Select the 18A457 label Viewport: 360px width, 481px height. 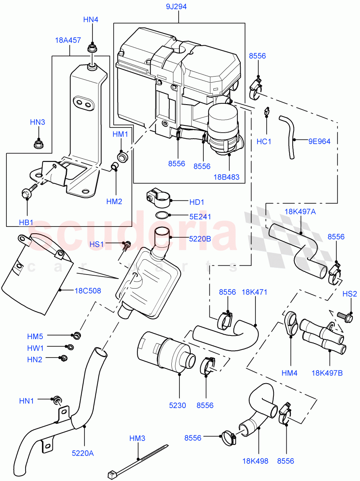(x=68, y=40)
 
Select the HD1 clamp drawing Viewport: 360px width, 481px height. (x=158, y=195)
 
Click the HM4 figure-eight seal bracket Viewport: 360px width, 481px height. (x=291, y=325)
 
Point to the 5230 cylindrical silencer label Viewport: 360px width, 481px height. (x=177, y=405)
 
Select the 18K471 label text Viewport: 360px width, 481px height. (x=254, y=292)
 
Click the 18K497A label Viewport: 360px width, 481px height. (x=300, y=212)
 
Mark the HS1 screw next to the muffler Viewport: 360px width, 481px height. (x=127, y=245)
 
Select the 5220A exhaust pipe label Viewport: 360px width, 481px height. (x=82, y=453)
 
